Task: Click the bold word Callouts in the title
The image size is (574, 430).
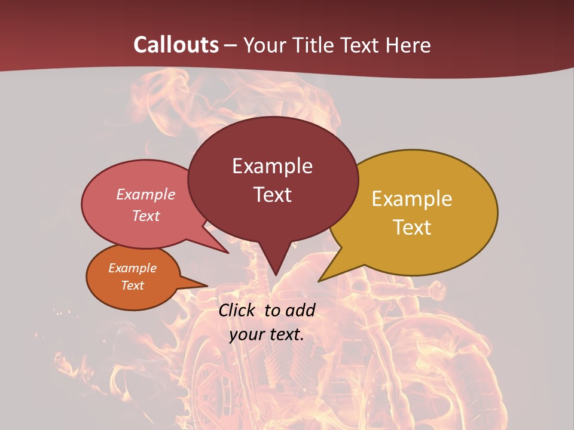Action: pyautogui.click(x=176, y=45)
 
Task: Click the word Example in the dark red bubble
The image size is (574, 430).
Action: pyautogui.click(x=272, y=166)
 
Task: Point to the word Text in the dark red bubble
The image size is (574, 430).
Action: pyautogui.click(x=272, y=195)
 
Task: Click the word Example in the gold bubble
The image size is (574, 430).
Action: pyautogui.click(x=412, y=199)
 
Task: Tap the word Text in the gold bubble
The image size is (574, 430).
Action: pyautogui.click(x=412, y=228)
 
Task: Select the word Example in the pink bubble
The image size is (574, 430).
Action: pyautogui.click(x=146, y=195)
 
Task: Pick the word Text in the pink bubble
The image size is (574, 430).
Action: pyautogui.click(x=146, y=216)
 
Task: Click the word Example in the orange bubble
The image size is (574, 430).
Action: pyautogui.click(x=132, y=268)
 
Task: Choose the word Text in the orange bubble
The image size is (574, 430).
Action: pyautogui.click(x=132, y=285)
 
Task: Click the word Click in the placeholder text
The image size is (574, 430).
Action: pyautogui.click(x=237, y=310)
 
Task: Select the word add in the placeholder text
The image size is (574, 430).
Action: pyautogui.click(x=300, y=310)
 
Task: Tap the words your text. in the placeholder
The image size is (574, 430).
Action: pyautogui.click(x=266, y=334)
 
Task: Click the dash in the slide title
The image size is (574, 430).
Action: pyautogui.click(x=231, y=45)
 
